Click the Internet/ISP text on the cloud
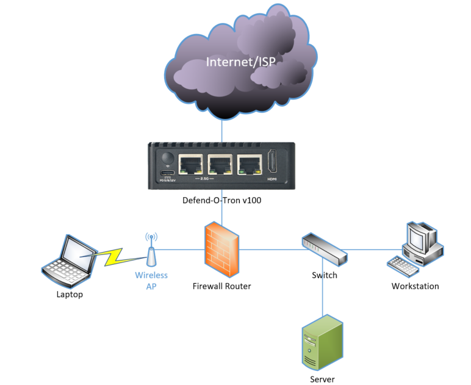click(x=240, y=62)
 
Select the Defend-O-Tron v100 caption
click(x=221, y=200)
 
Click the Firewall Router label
click(x=221, y=286)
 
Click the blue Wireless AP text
click(x=151, y=280)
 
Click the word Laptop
click(x=69, y=295)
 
